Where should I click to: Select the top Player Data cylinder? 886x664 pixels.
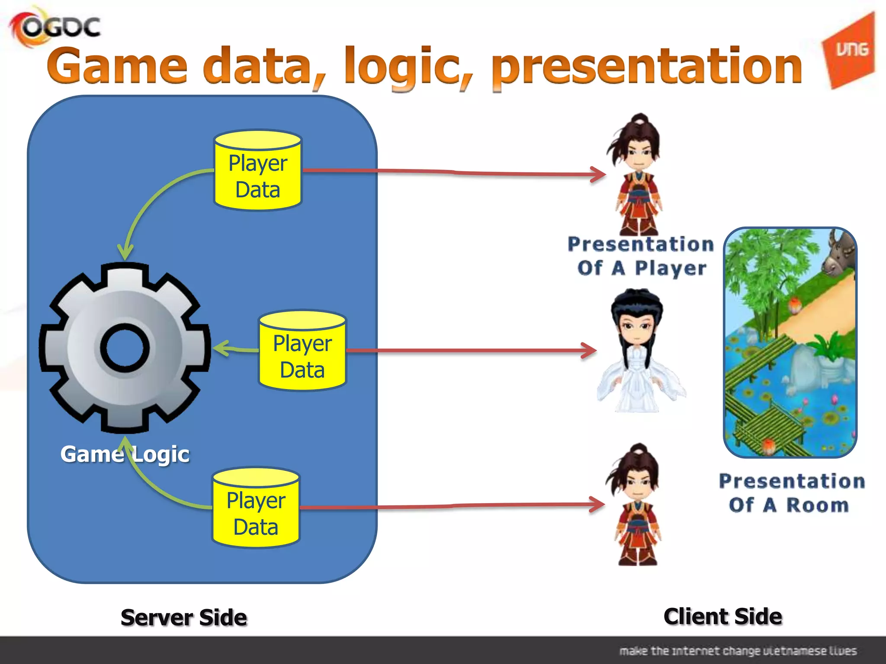pos(258,171)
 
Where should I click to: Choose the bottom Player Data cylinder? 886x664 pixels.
pos(256,508)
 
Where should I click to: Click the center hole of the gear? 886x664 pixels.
pos(125,348)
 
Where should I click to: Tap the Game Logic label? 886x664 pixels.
pos(125,454)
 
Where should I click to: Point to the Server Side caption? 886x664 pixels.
pos(184,617)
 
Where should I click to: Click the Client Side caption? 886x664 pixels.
pos(722,616)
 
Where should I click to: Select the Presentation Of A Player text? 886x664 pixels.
pos(641,256)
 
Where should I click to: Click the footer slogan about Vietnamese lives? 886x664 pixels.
pos(738,651)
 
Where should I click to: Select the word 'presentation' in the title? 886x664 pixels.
pos(647,67)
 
